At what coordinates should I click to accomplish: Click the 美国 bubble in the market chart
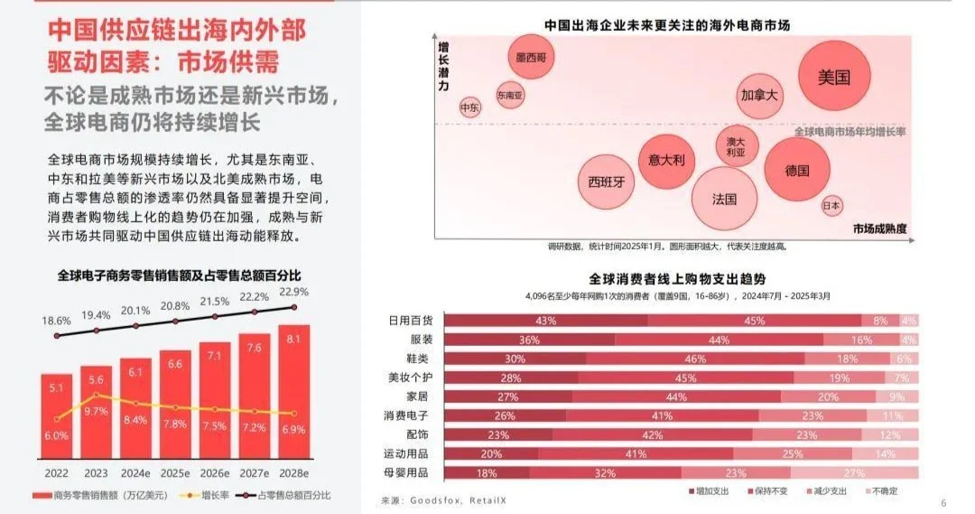pyautogui.click(x=834, y=78)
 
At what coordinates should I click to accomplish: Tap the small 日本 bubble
pyautogui.click(x=832, y=206)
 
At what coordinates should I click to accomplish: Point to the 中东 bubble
pyautogui.click(x=469, y=107)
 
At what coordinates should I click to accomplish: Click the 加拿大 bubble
pyautogui.click(x=759, y=95)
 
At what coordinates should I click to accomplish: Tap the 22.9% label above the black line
pyautogui.click(x=294, y=292)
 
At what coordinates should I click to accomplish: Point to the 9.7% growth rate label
pyautogui.click(x=95, y=411)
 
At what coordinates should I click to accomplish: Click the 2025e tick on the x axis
pyautogui.click(x=175, y=472)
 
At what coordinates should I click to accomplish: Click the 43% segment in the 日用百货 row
pyautogui.click(x=545, y=321)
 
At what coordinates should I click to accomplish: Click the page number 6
pyautogui.click(x=943, y=502)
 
